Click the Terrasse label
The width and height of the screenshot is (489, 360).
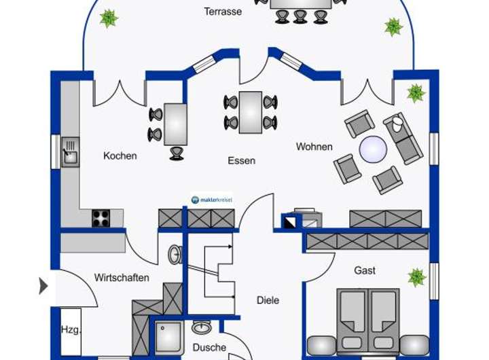[223, 12]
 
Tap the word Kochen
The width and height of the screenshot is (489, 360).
[120, 156]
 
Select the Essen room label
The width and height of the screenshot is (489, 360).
[241, 161]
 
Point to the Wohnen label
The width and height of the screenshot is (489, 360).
[314, 147]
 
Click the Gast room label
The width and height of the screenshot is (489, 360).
[365, 270]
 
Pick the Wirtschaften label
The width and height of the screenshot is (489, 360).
[122, 278]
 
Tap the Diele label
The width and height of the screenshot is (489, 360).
[268, 300]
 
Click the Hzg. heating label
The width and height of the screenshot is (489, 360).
[71, 331]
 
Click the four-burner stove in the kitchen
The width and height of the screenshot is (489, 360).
[101, 218]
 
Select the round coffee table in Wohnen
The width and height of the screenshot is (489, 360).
[373, 149]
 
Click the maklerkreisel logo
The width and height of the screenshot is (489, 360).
[211, 200]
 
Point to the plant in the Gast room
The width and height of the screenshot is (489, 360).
[416, 276]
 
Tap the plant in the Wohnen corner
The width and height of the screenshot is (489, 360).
[416, 92]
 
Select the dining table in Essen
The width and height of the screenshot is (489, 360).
[251, 111]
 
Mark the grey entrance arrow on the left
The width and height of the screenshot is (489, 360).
[43, 286]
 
